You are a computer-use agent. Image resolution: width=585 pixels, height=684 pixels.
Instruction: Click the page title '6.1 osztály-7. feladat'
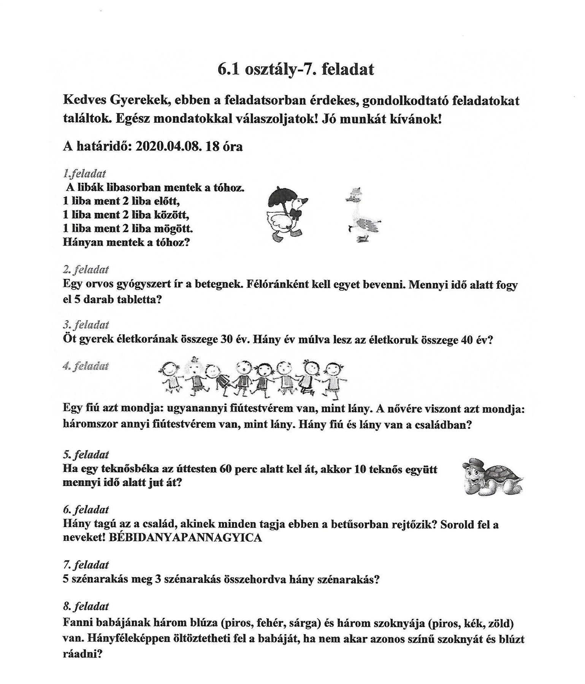[x=296, y=70]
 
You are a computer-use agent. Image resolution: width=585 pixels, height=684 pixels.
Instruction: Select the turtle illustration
[x=493, y=477]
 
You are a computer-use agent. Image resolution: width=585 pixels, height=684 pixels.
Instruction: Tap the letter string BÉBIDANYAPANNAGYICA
[x=185, y=538]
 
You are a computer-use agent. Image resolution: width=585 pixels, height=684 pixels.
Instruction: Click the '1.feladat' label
[x=84, y=174]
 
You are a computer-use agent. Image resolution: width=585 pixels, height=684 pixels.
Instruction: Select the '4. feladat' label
[x=86, y=366]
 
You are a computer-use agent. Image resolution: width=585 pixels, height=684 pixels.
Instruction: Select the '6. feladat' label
[x=86, y=510]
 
